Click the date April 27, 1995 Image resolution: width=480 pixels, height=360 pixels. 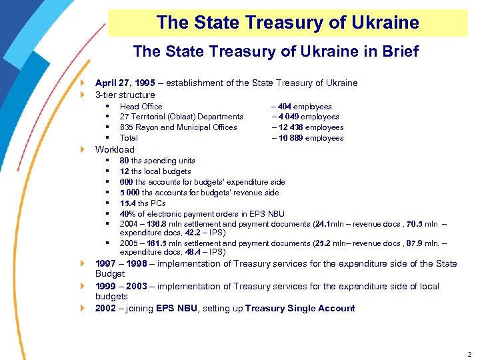pyautogui.click(x=125, y=83)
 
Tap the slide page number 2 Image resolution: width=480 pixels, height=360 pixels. pyautogui.click(x=470, y=354)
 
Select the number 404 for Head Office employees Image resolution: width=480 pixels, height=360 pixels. pyautogui.click(x=283, y=106)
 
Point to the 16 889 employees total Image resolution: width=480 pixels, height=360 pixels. pyautogui.click(x=288, y=138)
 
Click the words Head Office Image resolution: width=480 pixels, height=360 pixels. pyautogui.click(x=141, y=106)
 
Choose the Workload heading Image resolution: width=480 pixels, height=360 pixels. pyautogui.click(x=115, y=149)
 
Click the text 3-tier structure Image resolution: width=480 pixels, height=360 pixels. pyautogui.click(x=125, y=95)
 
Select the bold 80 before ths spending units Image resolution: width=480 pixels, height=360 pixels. pyautogui.click(x=125, y=161)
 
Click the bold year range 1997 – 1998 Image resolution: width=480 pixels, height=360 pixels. pyautogui.click(x=121, y=264)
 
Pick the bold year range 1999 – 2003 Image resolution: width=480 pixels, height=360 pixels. pyautogui.click(x=121, y=287)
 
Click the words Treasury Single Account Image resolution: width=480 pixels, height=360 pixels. pyautogui.click(x=300, y=309)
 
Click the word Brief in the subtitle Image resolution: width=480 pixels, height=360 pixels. pyautogui.click(x=397, y=51)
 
